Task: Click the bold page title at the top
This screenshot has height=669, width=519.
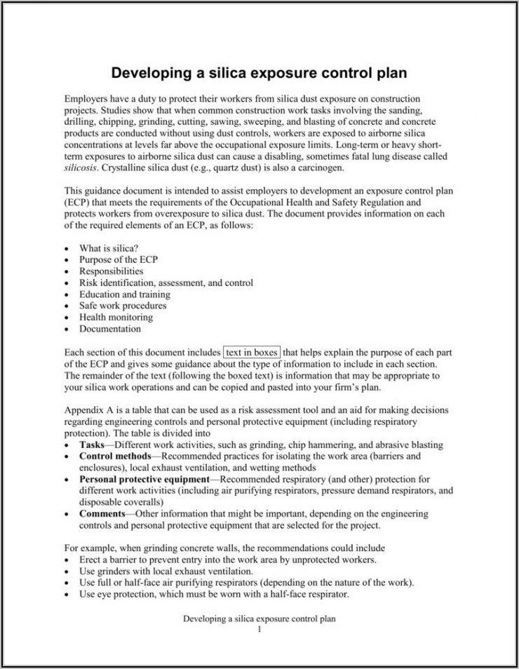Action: pyautogui.click(x=259, y=73)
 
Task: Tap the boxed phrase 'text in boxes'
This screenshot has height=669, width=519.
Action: pyautogui.click(x=252, y=352)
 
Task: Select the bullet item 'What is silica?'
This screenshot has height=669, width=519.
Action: pyautogui.click(x=109, y=248)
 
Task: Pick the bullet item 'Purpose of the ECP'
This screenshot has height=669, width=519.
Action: pyautogui.click(x=119, y=259)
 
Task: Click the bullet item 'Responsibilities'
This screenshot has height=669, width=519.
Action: pyautogui.click(x=111, y=271)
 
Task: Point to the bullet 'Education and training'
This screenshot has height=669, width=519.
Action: pyautogui.click(x=124, y=295)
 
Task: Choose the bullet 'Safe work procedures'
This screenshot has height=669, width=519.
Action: pyautogui.click(x=123, y=306)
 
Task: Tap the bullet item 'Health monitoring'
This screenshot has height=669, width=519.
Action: pyautogui.click(x=116, y=317)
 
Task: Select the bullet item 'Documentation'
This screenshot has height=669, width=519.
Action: pyautogui.click(x=110, y=328)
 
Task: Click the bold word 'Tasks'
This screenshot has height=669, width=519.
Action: pyautogui.click(x=92, y=445)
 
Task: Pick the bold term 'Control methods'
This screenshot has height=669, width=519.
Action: pyautogui.click(x=115, y=456)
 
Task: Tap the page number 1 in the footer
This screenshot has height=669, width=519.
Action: pyautogui.click(x=259, y=629)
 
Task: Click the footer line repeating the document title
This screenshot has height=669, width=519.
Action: pyautogui.click(x=259, y=619)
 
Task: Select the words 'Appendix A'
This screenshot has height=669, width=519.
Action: pyautogui.click(x=88, y=410)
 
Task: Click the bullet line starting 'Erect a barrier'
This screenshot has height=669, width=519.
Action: pyautogui.click(x=228, y=560)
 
